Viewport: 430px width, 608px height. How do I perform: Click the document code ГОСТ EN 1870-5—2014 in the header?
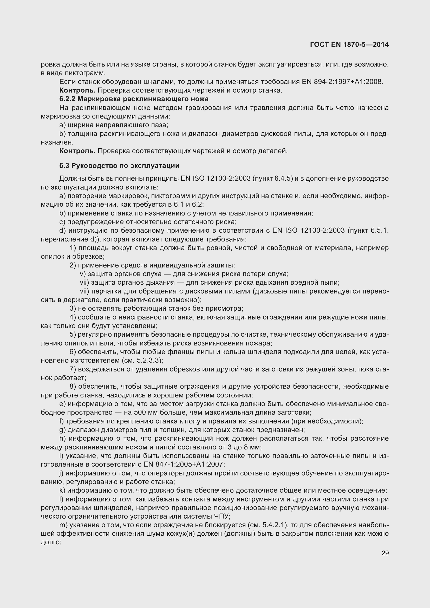[349, 44]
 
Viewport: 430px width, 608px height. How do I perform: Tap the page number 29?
[385, 553]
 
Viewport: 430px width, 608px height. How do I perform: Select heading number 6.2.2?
[67, 99]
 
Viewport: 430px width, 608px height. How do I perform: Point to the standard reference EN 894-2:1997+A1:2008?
[343, 82]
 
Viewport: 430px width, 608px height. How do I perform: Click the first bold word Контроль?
[77, 90]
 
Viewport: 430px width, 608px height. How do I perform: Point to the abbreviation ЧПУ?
[221, 516]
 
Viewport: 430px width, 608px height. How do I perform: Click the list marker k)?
[62, 491]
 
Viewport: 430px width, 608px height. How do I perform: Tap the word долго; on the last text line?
[51, 542]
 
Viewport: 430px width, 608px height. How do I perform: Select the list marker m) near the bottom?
[63, 525]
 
